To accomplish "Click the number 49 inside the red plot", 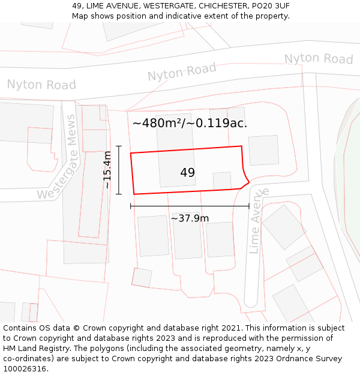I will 187,173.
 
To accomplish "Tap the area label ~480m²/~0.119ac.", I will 190,124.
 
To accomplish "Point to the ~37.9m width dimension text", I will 190,218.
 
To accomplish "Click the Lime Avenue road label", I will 257,220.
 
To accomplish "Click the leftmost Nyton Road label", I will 41,85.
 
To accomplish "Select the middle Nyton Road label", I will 181,73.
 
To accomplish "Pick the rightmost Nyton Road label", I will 318,59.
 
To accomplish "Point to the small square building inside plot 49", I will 222,180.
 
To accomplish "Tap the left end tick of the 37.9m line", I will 131,206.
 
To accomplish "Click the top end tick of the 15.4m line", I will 119,146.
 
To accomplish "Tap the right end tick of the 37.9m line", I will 249,206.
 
